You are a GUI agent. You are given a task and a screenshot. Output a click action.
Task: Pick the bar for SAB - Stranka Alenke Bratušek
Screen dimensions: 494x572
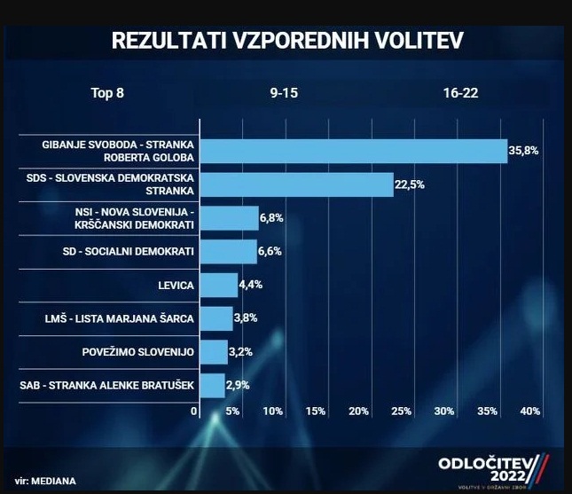[213, 386]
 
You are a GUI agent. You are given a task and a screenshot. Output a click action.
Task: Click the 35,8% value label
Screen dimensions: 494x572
[523, 152]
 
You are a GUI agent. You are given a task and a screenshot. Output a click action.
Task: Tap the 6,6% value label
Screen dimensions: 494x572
[270, 252]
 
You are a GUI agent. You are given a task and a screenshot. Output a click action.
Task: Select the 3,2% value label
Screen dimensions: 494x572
[241, 352]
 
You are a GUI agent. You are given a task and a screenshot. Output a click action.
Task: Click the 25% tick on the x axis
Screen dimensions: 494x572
[401, 412]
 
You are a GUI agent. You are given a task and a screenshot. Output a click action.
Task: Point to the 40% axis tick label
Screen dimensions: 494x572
[529, 412]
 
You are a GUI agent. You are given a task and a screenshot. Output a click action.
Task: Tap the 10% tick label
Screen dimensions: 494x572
[271, 412]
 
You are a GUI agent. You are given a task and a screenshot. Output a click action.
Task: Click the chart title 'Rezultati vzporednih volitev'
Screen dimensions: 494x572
[286, 42]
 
